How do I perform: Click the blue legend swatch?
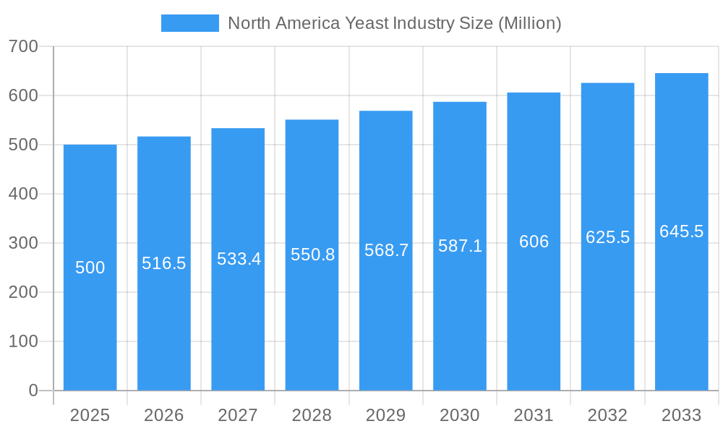[x=189, y=23]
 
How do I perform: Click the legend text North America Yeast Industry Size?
[x=394, y=23]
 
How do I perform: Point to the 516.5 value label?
[x=163, y=263]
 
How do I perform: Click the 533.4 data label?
[x=239, y=259]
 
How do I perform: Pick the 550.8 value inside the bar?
[x=312, y=255]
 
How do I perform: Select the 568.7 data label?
[x=386, y=250]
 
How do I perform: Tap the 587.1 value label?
[x=460, y=246]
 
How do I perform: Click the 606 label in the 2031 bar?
[x=534, y=242]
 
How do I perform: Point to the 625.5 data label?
[x=607, y=237]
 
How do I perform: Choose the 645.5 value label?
[x=681, y=231]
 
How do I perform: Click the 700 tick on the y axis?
[x=23, y=46]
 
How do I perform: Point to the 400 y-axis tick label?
[x=23, y=194]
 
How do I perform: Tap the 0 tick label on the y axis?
[x=33, y=391]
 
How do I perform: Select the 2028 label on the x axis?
[x=312, y=415]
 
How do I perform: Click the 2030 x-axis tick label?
[x=460, y=415]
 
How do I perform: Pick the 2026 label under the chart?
[x=163, y=415]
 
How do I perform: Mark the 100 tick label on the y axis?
[x=23, y=341]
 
